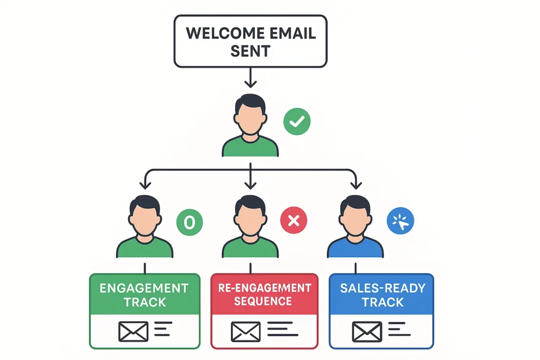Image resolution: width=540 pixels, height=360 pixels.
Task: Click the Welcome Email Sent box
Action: (x=250, y=41)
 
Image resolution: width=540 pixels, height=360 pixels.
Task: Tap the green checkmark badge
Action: (x=297, y=122)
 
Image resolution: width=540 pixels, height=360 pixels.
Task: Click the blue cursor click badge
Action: (x=400, y=221)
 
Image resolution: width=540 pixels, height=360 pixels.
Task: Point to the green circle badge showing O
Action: (x=189, y=222)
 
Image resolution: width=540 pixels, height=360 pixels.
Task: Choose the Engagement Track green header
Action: (x=144, y=294)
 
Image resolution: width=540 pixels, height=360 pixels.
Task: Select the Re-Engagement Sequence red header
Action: (x=264, y=294)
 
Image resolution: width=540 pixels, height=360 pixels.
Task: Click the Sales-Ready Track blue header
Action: (x=381, y=294)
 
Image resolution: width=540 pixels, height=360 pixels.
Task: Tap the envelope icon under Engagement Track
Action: (x=133, y=331)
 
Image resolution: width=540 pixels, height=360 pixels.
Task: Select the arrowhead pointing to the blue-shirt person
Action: (x=356, y=184)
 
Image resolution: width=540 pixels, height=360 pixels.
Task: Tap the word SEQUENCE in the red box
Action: (x=263, y=301)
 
